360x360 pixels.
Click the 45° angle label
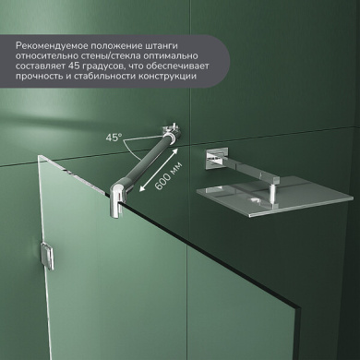point(114,138)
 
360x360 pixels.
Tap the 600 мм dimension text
point(168,176)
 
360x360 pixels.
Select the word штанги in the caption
point(162,46)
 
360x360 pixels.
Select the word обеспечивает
point(178,66)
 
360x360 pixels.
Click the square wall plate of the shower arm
point(217,158)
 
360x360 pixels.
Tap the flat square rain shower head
point(274,197)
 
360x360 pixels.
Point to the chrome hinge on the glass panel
point(47,257)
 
